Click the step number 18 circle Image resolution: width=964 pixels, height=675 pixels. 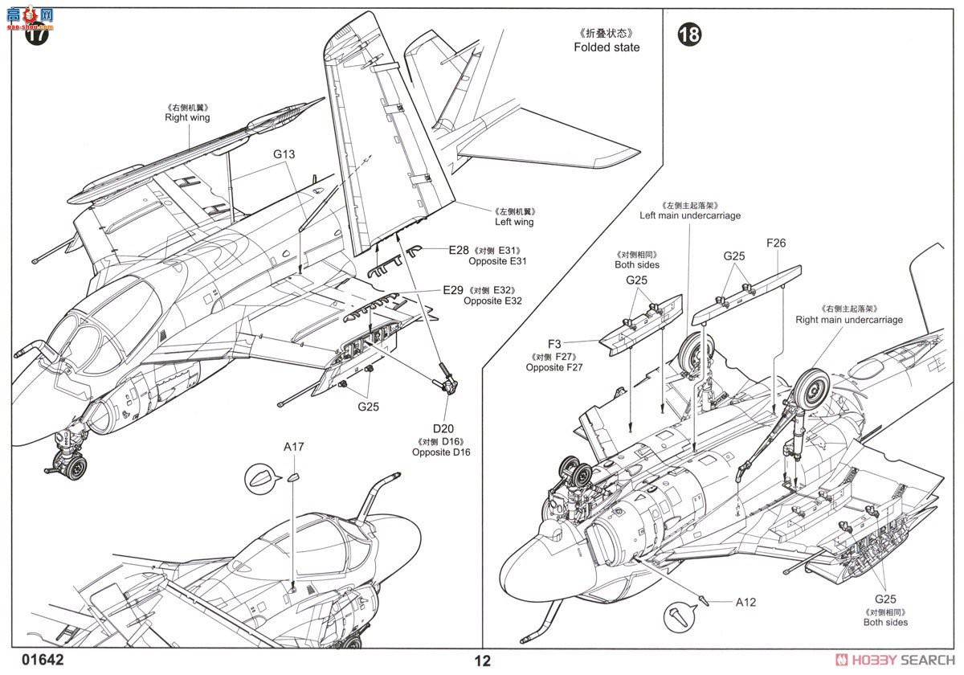688,35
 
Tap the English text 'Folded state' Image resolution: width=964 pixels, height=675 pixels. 607,47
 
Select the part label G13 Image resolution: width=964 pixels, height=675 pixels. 284,154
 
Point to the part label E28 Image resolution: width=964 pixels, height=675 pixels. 458,251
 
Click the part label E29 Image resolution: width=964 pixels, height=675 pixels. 452,290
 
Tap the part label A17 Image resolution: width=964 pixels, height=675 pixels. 293,447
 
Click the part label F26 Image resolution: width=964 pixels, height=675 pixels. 776,242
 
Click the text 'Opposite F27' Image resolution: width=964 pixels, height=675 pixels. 554,367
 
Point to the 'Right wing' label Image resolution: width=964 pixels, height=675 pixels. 187,117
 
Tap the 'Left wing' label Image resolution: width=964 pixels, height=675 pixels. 514,222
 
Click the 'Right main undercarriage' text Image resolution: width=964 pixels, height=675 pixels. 849,320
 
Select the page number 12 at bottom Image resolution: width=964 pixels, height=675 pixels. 482,661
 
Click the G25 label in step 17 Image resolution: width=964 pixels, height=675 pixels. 368,407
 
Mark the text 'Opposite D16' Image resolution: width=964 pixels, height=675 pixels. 441,452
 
